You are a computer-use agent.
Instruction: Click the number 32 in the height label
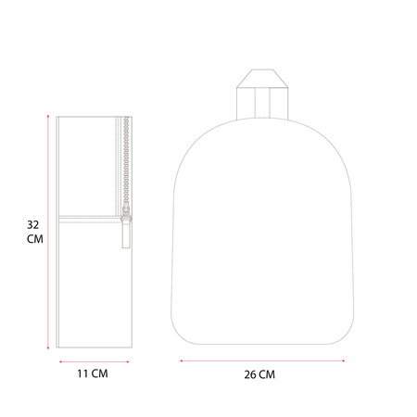pyautogui.click(x=33, y=225)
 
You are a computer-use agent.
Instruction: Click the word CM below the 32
pyautogui.click(x=35, y=239)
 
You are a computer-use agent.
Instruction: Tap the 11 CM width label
pyautogui.click(x=93, y=373)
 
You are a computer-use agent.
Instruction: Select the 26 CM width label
pyautogui.click(x=259, y=374)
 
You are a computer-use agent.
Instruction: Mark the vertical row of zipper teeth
pyautogui.click(x=126, y=160)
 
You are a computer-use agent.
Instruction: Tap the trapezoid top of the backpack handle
pyautogui.click(x=262, y=79)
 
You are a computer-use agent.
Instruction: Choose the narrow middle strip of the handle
pyautogui.click(x=262, y=103)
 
